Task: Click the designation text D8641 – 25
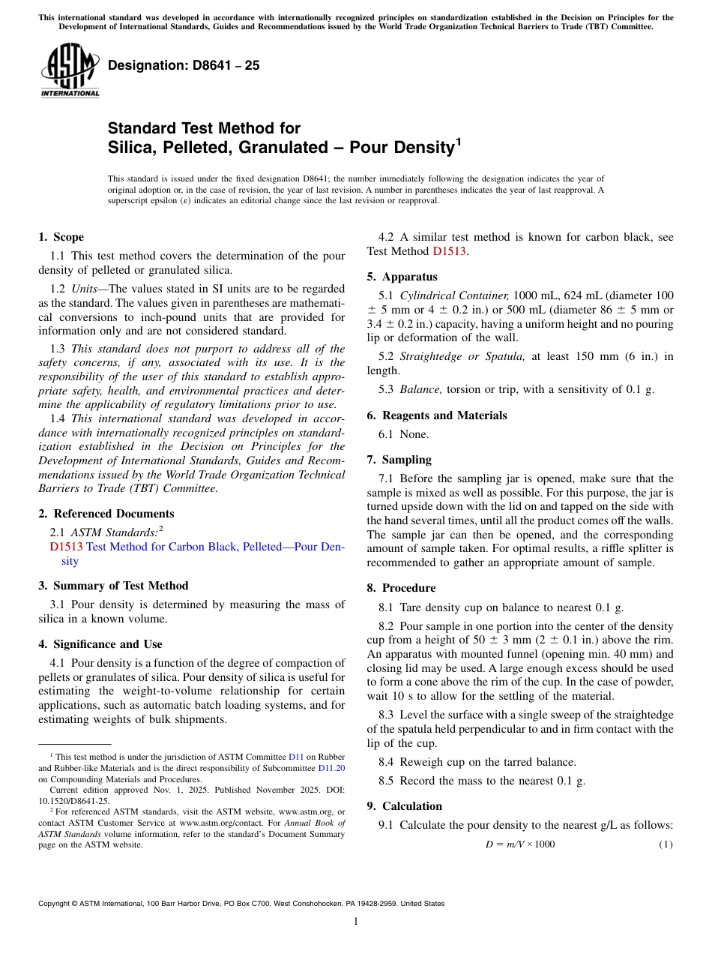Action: point(184,65)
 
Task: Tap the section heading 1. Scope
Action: point(61,237)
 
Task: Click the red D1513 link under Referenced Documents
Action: point(66,547)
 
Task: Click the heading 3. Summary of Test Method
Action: point(113,586)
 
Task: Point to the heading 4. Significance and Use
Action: point(100,644)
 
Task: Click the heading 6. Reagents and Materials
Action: point(437,415)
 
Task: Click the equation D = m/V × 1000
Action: point(520,844)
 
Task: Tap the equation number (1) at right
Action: point(666,844)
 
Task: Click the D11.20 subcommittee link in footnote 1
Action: point(331,768)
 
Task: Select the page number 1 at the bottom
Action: point(356,922)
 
